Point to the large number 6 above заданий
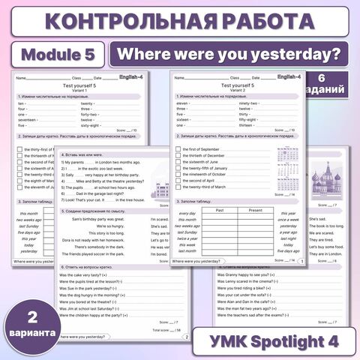(331, 79)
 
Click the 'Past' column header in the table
(219, 210)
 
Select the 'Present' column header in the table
(255, 210)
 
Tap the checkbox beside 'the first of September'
(177, 149)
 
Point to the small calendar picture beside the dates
(287, 171)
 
